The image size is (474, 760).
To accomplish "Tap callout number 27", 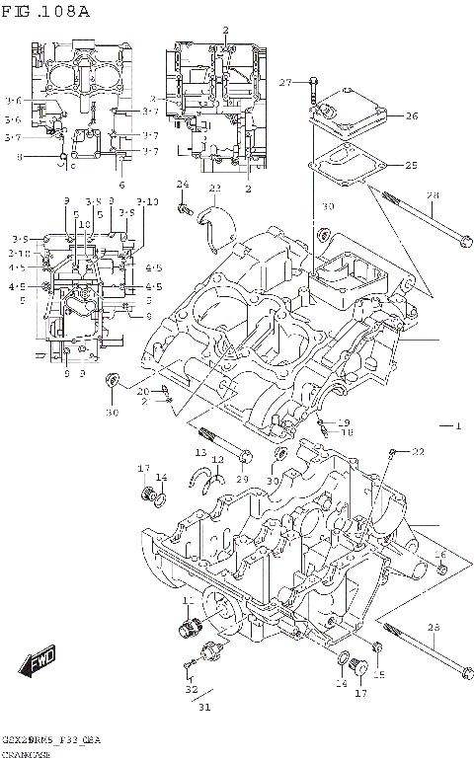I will pos(284,82).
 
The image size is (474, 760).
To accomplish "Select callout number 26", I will pos(411,116).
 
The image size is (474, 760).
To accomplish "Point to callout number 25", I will pos(411,165).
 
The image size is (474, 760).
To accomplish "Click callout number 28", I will pos(432,196).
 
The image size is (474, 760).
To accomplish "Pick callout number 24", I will pos(182,185).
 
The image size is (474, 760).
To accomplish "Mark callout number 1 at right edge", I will pos(457,425).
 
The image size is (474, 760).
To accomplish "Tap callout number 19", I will pos(344,422).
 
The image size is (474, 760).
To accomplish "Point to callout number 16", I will pos(440,556).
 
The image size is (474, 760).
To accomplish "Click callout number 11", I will pos(186,602).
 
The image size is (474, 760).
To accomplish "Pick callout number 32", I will pos(191,690).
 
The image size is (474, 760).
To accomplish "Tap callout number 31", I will pos(204,706).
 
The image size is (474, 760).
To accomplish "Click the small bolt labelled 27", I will pos(312,88).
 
